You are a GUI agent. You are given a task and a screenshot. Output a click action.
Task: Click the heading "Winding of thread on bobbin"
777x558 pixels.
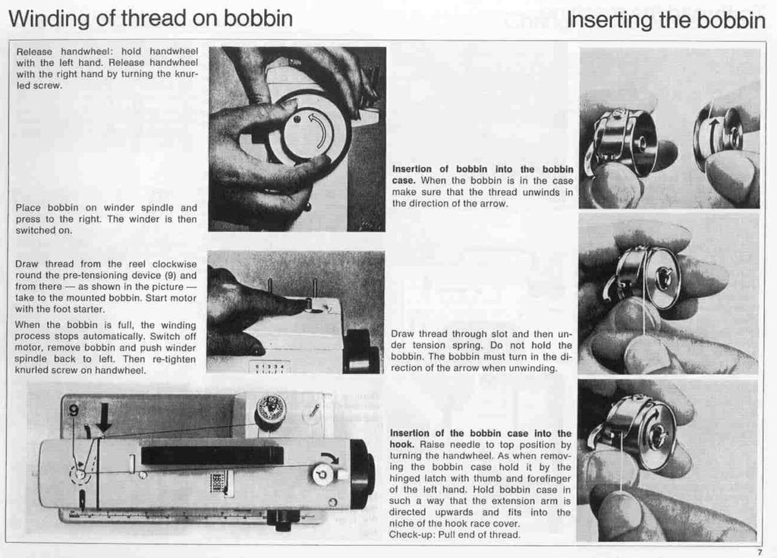point(150,18)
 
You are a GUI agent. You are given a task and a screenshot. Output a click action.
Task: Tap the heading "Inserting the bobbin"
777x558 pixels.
point(666,20)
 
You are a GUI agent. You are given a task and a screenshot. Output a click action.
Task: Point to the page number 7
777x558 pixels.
point(759,552)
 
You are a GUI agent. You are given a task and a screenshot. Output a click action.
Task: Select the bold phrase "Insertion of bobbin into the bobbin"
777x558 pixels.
point(483,169)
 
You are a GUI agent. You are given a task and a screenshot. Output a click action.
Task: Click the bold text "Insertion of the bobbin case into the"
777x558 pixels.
point(480,433)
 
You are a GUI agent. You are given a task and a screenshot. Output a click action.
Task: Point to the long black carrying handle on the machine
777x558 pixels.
point(212,456)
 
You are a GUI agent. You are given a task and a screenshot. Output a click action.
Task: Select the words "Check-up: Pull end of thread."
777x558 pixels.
point(455,534)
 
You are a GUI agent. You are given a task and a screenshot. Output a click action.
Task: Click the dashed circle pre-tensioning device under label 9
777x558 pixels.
point(78,476)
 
